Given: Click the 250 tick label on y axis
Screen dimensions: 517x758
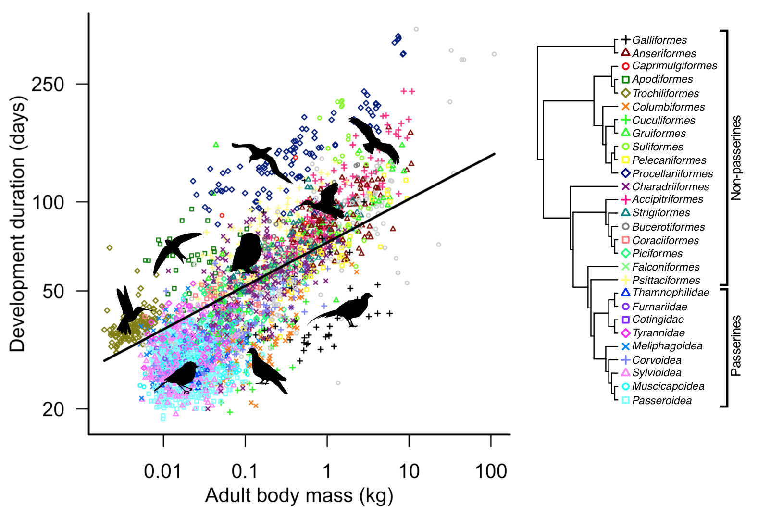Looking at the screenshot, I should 48,85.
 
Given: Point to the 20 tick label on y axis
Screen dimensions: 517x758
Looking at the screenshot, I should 53,409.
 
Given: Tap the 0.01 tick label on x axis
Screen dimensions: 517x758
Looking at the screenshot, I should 162,471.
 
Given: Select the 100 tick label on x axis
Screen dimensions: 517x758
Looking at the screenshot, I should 491,471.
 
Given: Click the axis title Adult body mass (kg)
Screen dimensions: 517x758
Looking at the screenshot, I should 299,495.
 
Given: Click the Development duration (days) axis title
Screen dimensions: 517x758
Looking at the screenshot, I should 17,224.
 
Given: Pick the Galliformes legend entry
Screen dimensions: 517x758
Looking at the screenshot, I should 659,40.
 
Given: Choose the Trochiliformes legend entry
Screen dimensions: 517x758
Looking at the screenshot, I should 665,94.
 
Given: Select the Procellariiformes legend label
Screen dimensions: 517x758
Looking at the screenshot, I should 672,174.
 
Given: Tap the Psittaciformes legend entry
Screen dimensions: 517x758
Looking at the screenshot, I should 666,281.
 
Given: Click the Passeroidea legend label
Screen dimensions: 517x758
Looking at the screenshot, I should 661,401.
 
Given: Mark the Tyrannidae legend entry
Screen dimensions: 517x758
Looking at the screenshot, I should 658,333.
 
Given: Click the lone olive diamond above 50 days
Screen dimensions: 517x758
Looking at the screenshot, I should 109,248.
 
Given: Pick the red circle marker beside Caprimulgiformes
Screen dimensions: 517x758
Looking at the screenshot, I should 625,66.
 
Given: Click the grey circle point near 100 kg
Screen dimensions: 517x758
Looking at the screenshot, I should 494,54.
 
